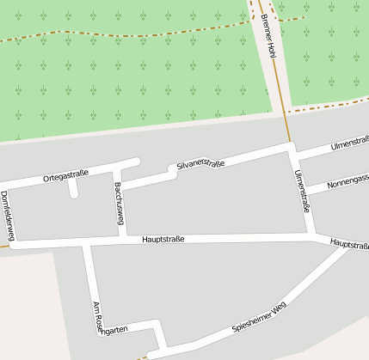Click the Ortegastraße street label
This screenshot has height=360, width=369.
[65, 176]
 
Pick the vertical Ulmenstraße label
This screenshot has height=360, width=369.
[302, 191]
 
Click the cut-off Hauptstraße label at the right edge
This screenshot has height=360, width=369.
[349, 245]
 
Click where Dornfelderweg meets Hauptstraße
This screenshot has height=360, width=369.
[12, 244]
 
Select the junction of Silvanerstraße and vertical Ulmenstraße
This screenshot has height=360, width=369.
[292, 149]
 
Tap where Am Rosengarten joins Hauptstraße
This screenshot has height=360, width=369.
[86, 242]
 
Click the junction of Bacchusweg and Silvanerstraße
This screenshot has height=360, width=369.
[120, 185]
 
